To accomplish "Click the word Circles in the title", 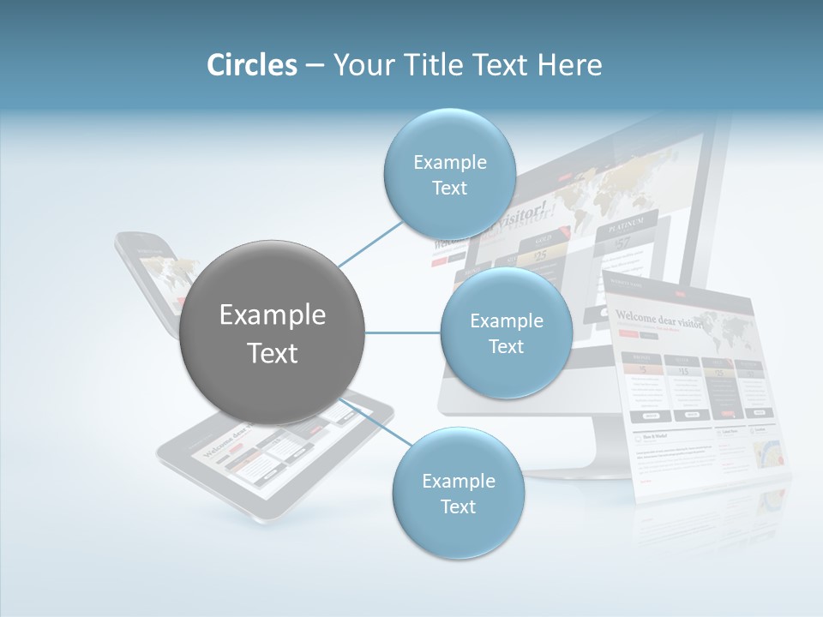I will coord(251,65).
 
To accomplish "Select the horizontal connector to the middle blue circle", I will coord(403,332).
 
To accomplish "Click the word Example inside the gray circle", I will coord(273,315).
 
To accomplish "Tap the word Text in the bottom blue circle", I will coord(458,506).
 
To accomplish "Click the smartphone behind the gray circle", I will coord(146,274).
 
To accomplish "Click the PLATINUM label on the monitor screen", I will coord(626,229).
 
